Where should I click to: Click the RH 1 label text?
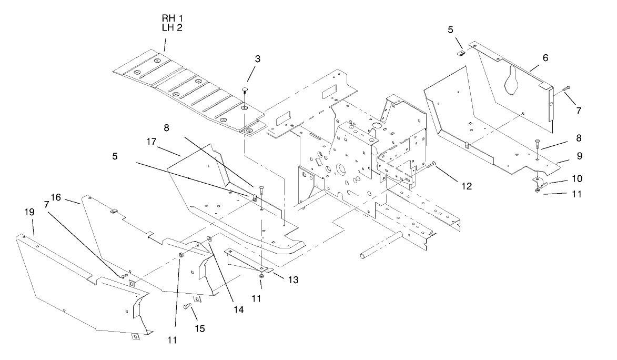pos(172,18)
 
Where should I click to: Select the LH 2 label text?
pos(172,27)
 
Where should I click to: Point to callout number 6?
pos(545,58)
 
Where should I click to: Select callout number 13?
pos(293,280)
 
